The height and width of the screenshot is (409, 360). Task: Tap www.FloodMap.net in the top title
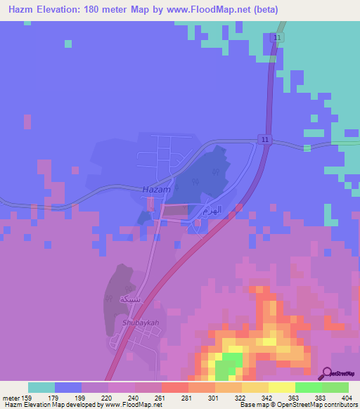(217, 10)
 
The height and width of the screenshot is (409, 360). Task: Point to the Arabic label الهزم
(212, 210)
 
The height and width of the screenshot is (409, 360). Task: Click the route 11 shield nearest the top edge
(278, 37)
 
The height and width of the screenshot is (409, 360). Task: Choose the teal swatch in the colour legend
(41, 387)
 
